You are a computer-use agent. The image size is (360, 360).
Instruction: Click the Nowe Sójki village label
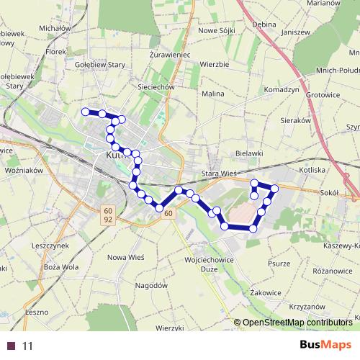click(x=217, y=30)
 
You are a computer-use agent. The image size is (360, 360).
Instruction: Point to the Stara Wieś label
click(x=220, y=174)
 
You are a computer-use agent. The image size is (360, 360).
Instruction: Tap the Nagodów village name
click(x=151, y=285)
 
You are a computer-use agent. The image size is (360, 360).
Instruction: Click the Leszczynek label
click(x=50, y=246)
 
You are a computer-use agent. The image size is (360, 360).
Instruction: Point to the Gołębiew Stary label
click(x=101, y=64)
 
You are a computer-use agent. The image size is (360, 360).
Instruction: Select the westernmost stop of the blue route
click(x=86, y=112)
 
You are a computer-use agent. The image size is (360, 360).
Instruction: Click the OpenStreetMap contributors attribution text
click(x=294, y=322)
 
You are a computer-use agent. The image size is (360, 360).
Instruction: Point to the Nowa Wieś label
click(x=127, y=257)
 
